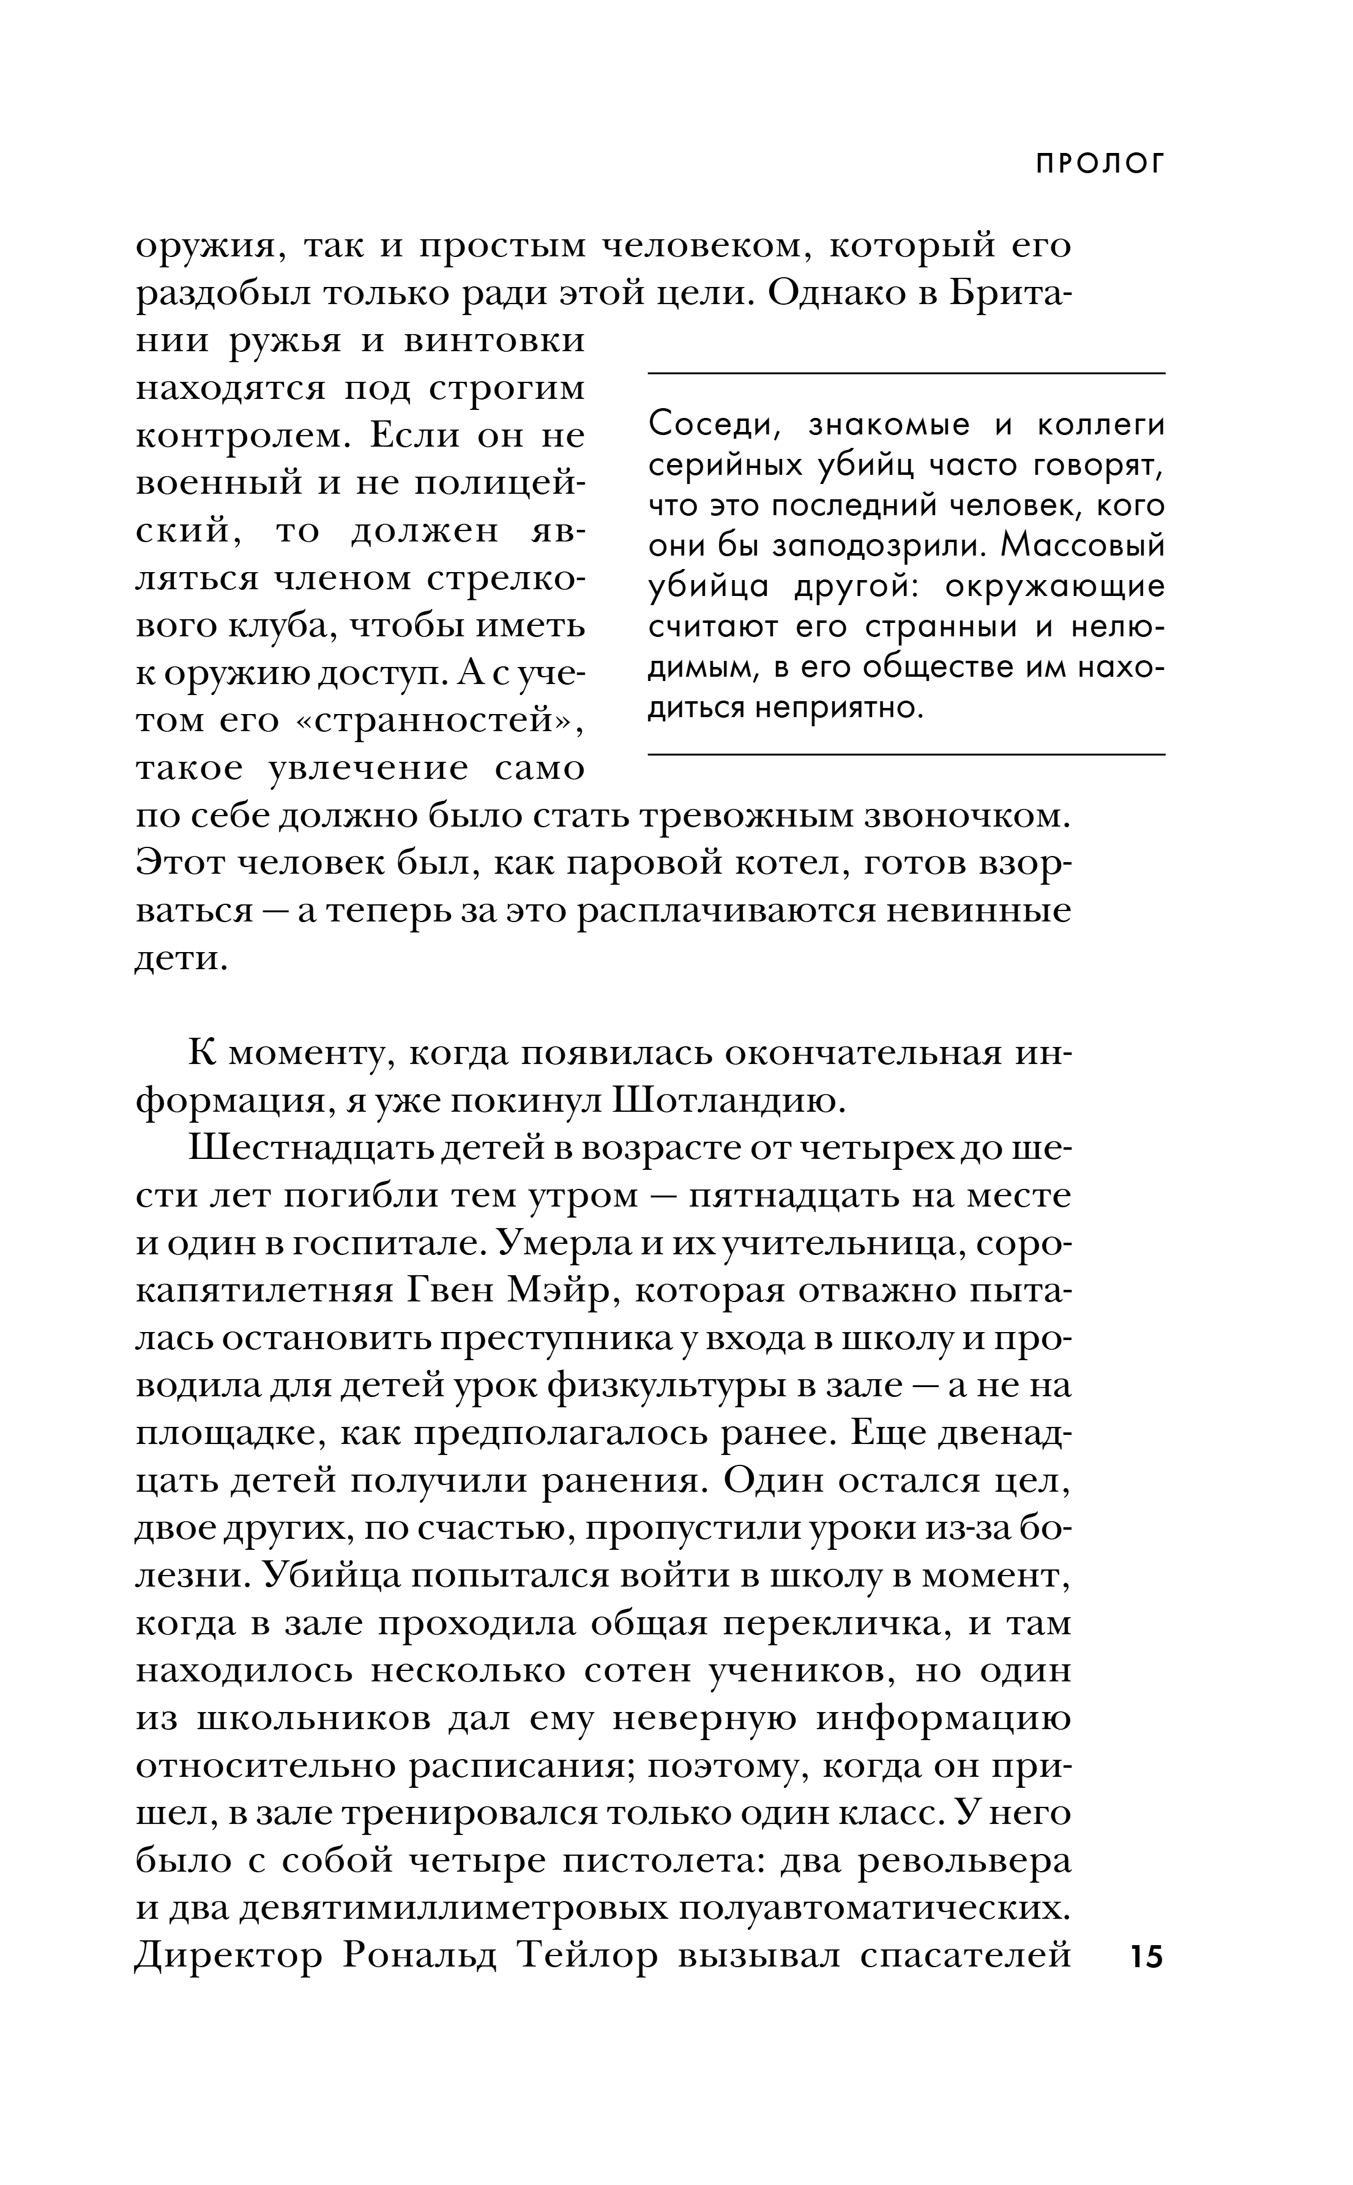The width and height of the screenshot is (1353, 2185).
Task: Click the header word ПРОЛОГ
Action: [1101, 164]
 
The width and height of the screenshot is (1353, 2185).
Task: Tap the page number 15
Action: [1146, 1956]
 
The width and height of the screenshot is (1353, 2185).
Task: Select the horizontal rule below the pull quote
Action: [906, 754]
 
